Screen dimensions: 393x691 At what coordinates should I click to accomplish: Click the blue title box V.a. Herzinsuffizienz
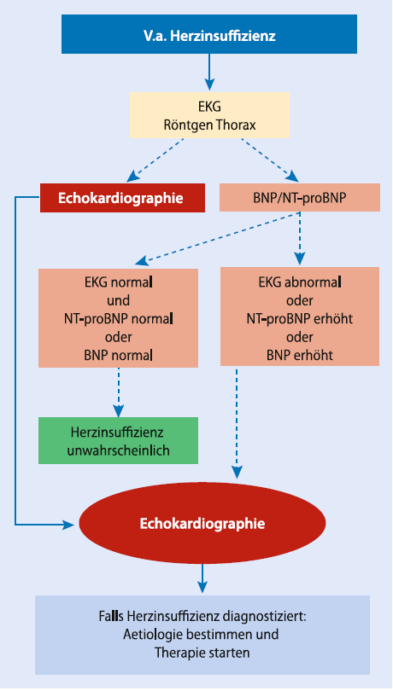(x=208, y=34)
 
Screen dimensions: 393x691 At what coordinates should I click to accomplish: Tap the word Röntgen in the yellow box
(x=182, y=125)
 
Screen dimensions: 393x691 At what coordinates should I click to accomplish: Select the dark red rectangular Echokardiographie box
(x=122, y=198)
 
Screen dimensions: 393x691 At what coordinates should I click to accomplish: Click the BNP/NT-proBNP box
(x=300, y=198)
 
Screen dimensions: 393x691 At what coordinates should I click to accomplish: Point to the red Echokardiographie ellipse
(x=202, y=523)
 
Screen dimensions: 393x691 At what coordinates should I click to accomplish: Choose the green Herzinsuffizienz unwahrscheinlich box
(x=119, y=441)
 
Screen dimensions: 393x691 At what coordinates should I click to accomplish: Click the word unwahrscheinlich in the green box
(x=119, y=450)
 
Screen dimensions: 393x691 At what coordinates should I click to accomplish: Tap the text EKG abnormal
(x=299, y=282)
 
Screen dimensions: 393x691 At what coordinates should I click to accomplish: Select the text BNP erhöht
(x=299, y=355)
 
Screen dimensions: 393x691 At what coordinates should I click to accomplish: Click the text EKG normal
(x=119, y=282)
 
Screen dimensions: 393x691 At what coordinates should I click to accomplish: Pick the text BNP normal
(x=119, y=355)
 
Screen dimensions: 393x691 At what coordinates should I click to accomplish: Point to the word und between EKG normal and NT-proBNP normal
(x=119, y=300)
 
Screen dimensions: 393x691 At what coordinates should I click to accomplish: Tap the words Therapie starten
(x=202, y=653)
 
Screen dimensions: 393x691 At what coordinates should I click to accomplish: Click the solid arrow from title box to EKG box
(x=209, y=72)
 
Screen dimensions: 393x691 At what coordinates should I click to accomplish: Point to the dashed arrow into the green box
(x=119, y=392)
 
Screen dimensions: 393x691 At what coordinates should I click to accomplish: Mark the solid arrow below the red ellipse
(x=202, y=578)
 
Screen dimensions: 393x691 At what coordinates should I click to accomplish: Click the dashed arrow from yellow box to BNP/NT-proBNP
(x=269, y=160)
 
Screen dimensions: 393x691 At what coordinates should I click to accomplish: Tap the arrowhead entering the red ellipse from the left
(x=68, y=525)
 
